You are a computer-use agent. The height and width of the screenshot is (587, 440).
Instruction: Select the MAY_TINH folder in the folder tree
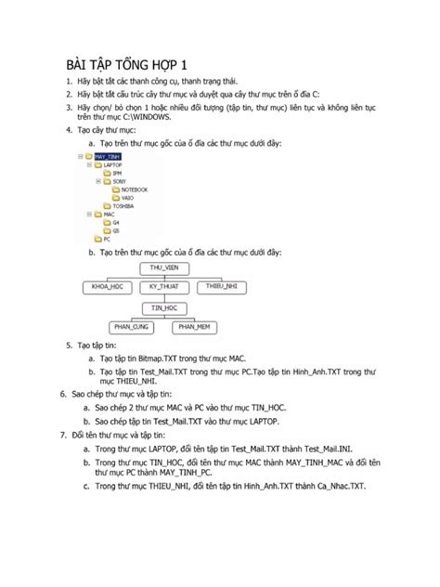coord(108,158)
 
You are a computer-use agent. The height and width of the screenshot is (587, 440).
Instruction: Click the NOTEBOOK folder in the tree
coord(134,189)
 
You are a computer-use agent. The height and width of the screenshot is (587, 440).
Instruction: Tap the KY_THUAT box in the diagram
coord(162,288)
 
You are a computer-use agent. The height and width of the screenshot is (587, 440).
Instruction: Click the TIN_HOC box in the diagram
coord(164,307)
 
